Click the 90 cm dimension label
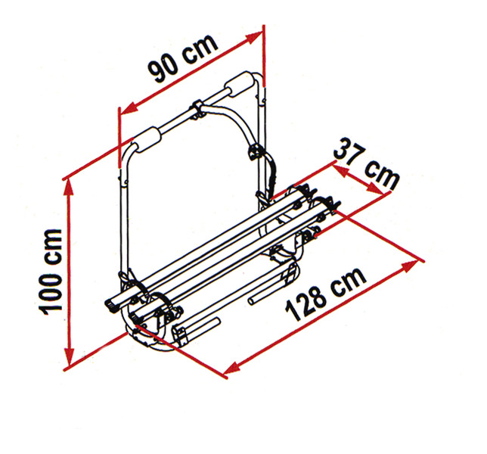click(x=183, y=58)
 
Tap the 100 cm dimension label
click(x=50, y=272)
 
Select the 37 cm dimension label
click(x=366, y=163)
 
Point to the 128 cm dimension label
click(x=325, y=294)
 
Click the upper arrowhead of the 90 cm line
click(x=254, y=36)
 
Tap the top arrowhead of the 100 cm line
click(x=69, y=188)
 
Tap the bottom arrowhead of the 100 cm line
click(x=69, y=357)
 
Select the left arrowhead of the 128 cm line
click(x=232, y=368)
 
